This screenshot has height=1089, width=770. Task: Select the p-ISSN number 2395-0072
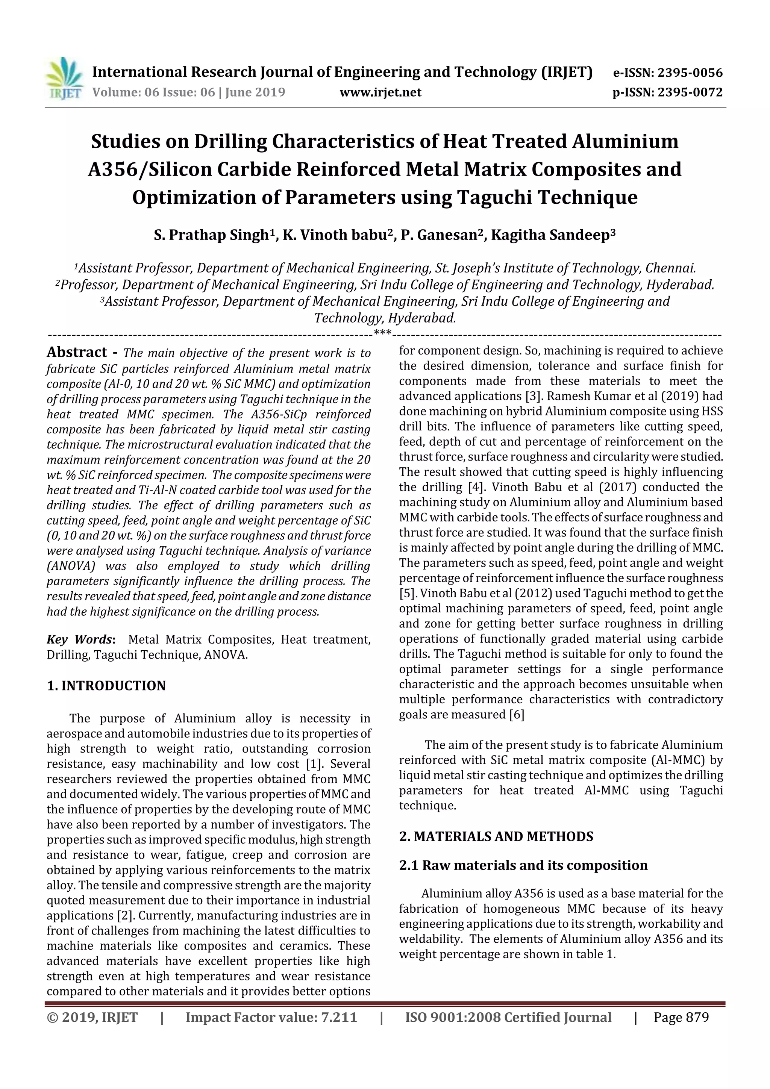[x=690, y=92]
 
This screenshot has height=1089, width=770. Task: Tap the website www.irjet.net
[x=380, y=92]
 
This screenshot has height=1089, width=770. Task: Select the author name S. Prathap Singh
[x=211, y=235]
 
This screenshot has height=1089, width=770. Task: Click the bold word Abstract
[x=76, y=352]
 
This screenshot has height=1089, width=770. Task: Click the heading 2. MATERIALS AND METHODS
[x=496, y=836]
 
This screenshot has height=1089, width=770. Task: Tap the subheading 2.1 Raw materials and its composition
[x=523, y=865]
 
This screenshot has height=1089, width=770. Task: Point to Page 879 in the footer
[x=681, y=1017]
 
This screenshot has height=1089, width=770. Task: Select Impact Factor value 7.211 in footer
[x=271, y=1017]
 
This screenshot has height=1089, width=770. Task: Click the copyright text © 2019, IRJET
[x=92, y=1017]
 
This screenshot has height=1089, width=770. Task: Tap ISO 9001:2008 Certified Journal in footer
[x=508, y=1017]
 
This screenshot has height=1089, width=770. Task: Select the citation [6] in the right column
[x=517, y=715]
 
